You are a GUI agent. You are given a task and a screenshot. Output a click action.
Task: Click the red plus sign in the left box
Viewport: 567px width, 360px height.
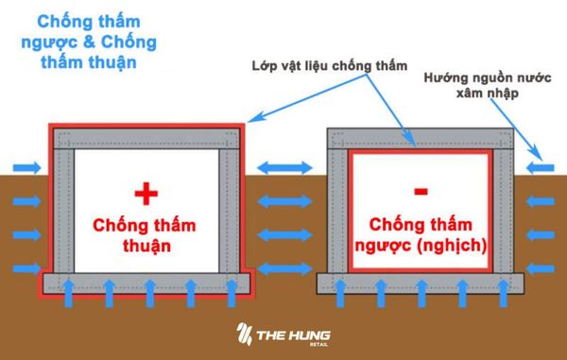pos(144,194)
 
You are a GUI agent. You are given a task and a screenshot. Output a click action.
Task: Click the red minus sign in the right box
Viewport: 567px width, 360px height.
pos(420,192)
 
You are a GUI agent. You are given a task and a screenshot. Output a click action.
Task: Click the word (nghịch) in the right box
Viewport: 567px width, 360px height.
pos(458,245)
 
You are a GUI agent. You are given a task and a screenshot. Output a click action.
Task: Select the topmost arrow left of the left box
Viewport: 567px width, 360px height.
pos(26,168)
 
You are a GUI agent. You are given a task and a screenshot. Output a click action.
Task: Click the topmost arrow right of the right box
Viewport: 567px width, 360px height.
pos(541,168)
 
